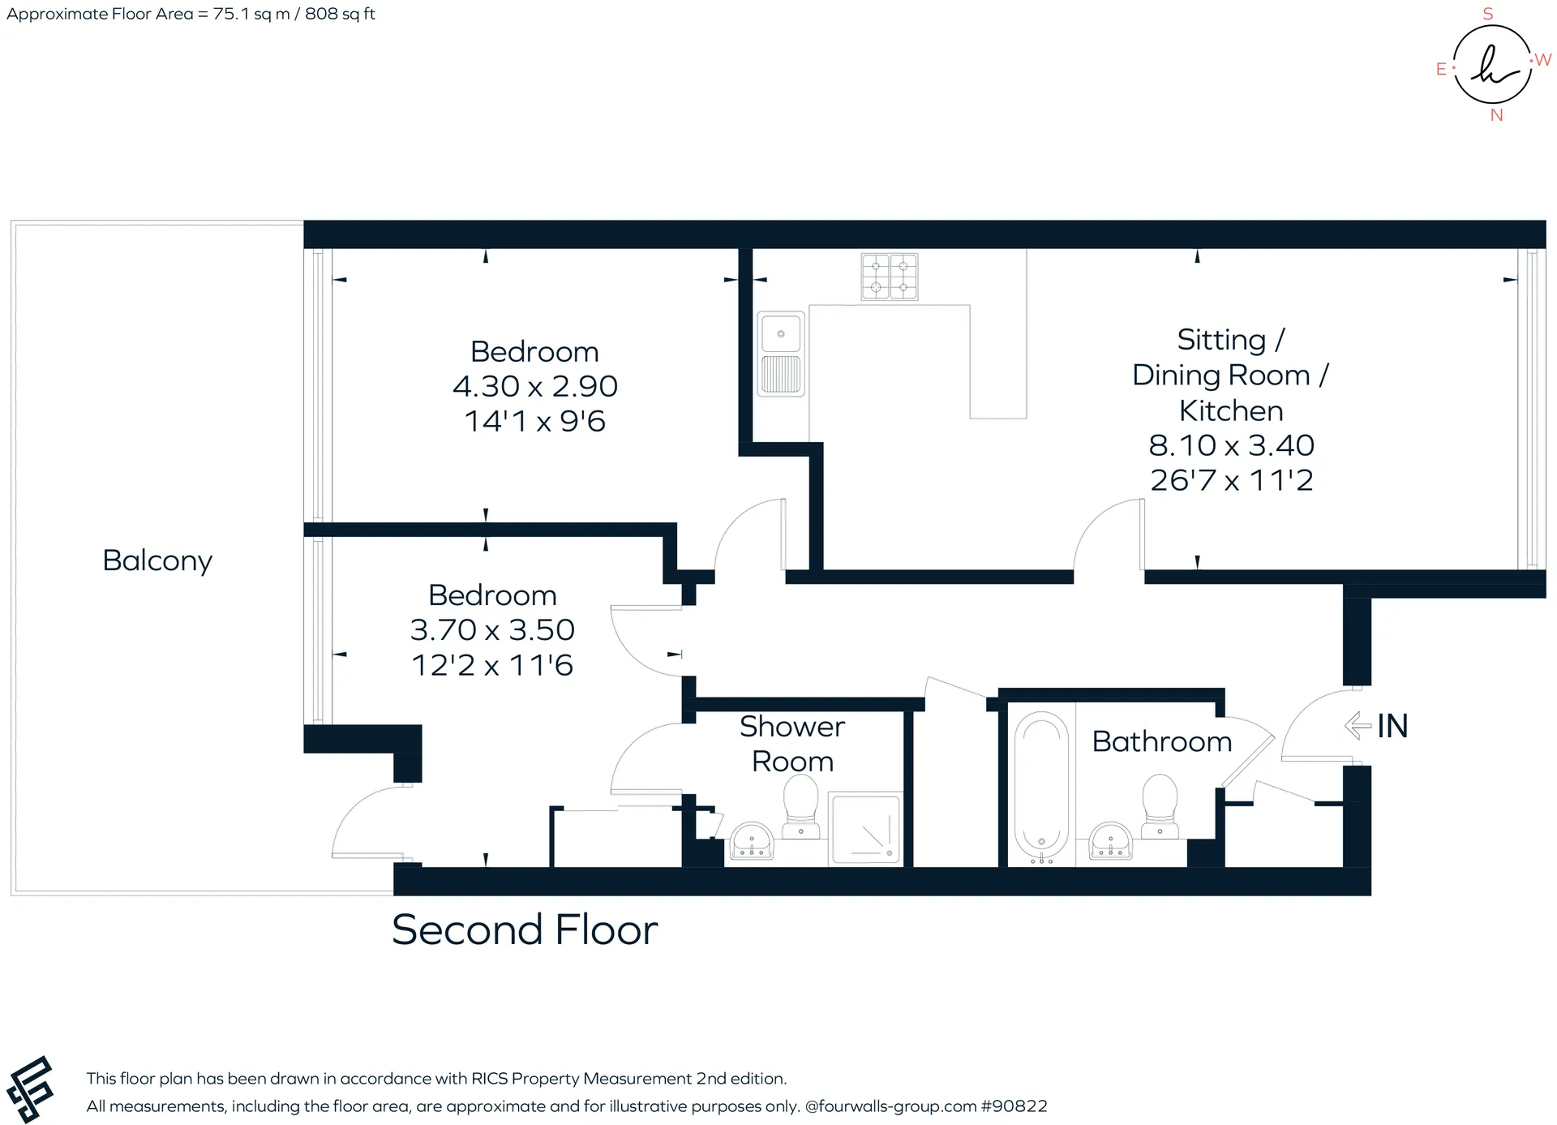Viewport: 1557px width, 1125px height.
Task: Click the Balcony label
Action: point(157,560)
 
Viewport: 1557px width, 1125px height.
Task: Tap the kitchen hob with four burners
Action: point(890,277)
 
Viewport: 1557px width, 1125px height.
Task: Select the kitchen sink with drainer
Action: point(781,354)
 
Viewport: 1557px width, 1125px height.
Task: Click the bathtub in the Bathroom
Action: point(1041,785)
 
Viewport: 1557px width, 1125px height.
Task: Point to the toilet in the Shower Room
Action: point(800,806)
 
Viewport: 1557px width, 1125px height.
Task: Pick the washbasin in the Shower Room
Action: point(753,840)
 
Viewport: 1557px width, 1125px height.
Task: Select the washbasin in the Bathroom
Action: point(1110,840)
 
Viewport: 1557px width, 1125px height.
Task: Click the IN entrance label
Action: point(1392,726)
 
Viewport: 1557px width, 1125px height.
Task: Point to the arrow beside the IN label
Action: point(1358,725)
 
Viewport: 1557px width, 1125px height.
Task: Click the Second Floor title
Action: point(525,930)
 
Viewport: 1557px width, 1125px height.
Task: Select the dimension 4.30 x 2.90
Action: point(535,386)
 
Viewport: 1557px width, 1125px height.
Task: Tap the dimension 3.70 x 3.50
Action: point(492,629)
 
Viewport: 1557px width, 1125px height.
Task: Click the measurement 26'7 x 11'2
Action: point(1231,480)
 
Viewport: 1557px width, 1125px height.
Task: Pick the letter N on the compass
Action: point(1497,115)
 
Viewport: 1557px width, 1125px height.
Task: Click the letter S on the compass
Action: point(1488,14)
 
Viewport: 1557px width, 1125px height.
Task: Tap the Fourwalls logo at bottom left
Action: point(30,1089)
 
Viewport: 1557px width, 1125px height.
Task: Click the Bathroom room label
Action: point(1162,741)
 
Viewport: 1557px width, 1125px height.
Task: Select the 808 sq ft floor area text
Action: point(340,14)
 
